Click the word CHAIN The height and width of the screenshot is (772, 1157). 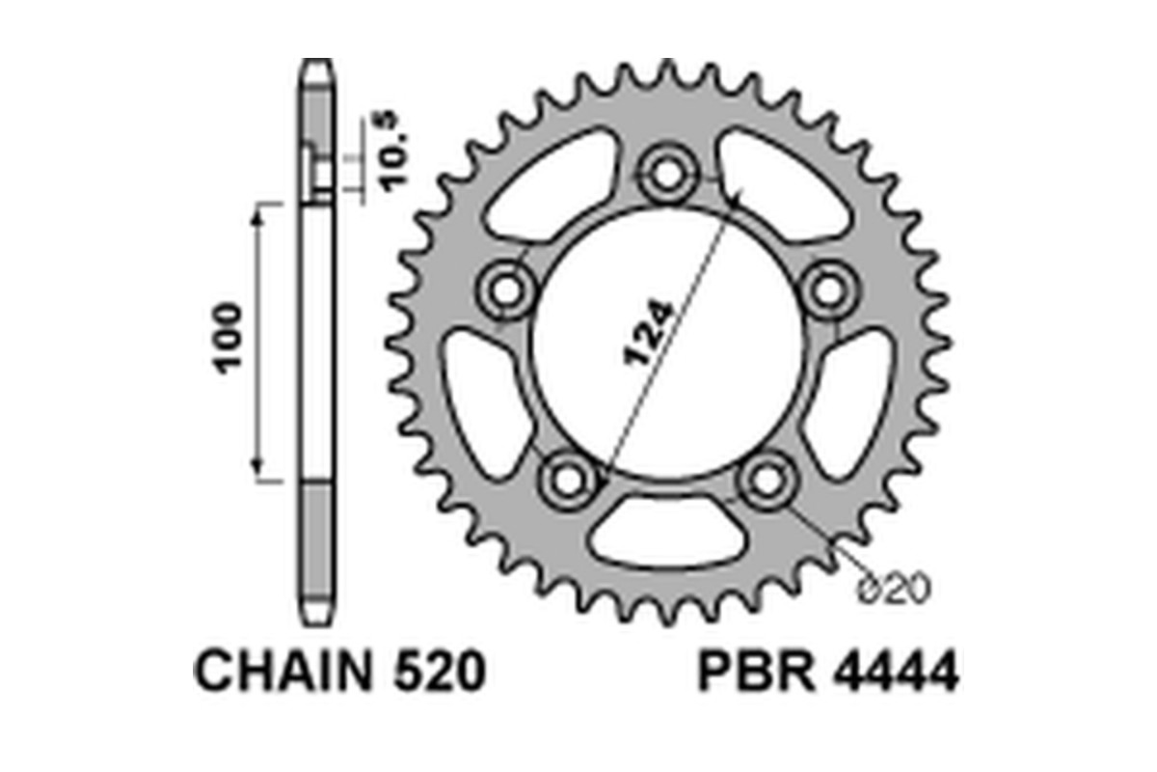coord(280,672)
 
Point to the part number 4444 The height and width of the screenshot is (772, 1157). coord(892,672)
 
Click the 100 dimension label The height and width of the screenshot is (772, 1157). coord(229,339)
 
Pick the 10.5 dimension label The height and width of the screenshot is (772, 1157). coord(392,154)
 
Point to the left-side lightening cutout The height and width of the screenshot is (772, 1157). coord(482,400)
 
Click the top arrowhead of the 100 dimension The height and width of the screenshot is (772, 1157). coord(257,214)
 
